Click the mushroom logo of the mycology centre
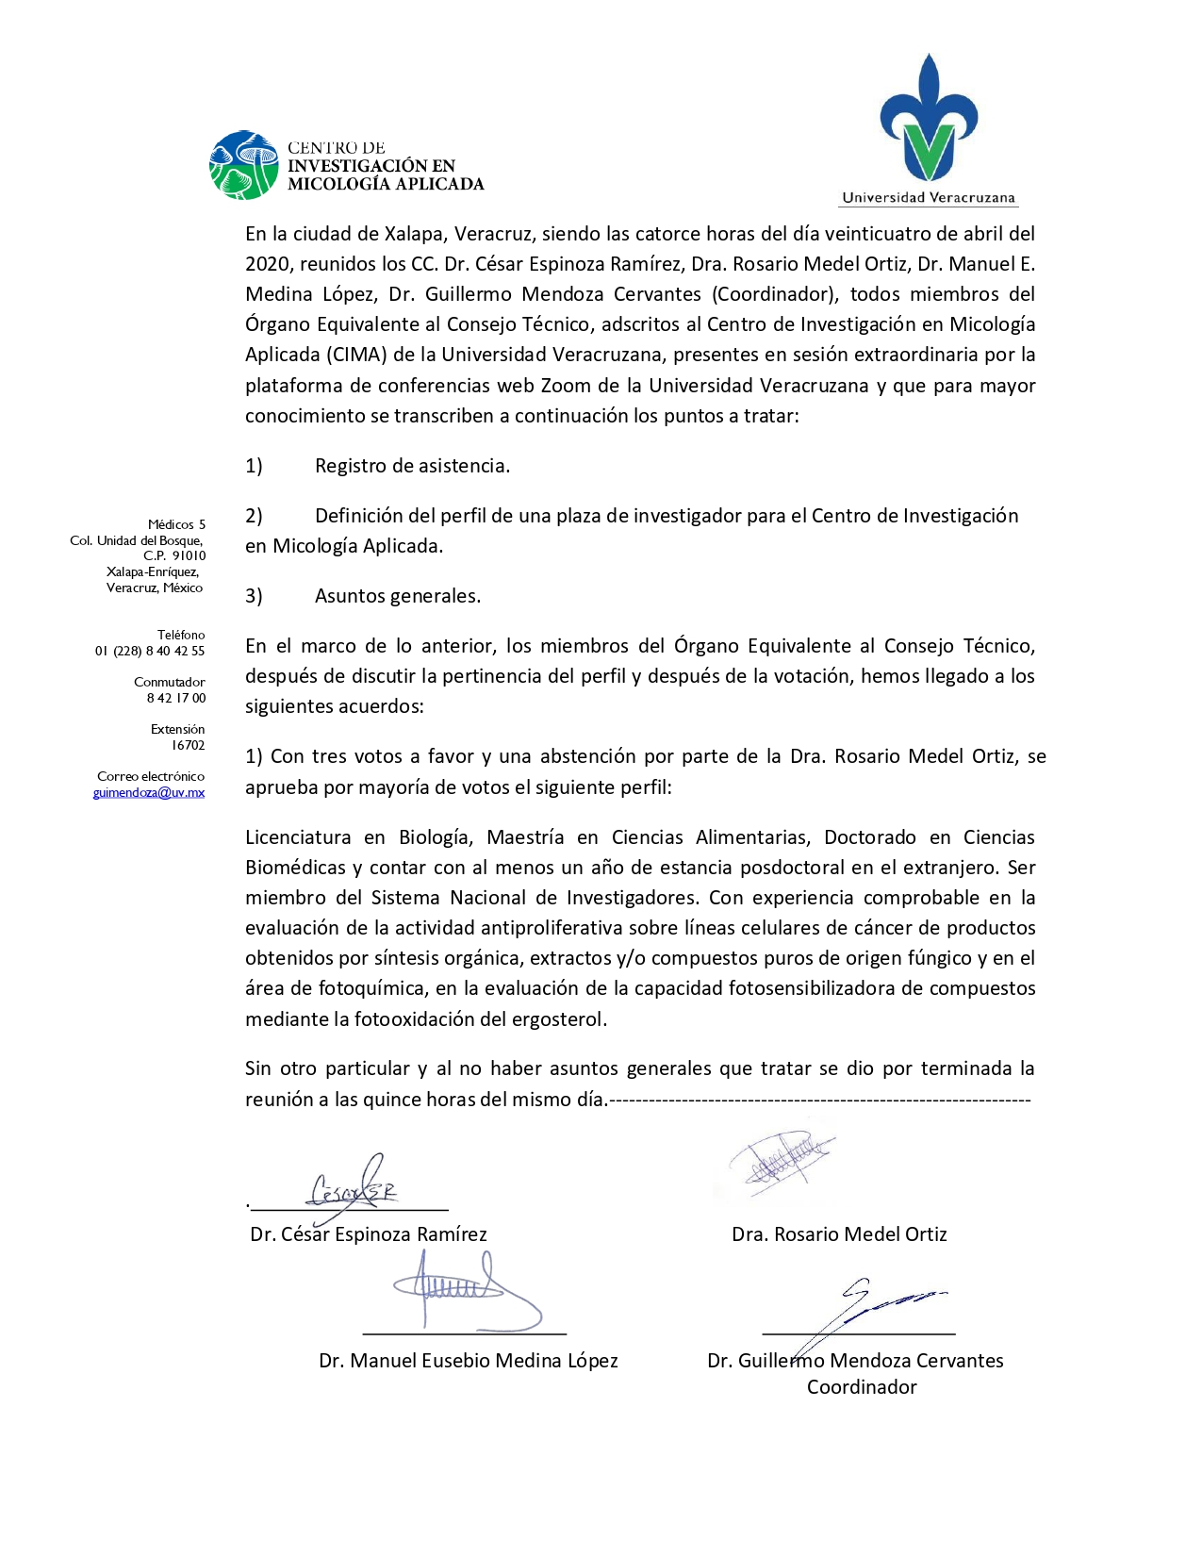tap(244, 165)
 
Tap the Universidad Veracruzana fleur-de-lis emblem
tap(929, 118)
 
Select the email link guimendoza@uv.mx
tap(149, 792)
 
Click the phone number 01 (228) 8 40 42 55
tap(150, 651)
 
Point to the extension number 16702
tap(188, 745)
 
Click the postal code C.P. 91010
tap(174, 555)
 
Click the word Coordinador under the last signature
tap(862, 1387)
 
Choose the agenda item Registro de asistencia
tap(412, 466)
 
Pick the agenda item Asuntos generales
tap(397, 596)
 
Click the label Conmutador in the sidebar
tap(170, 682)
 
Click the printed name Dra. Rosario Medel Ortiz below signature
tap(839, 1234)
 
